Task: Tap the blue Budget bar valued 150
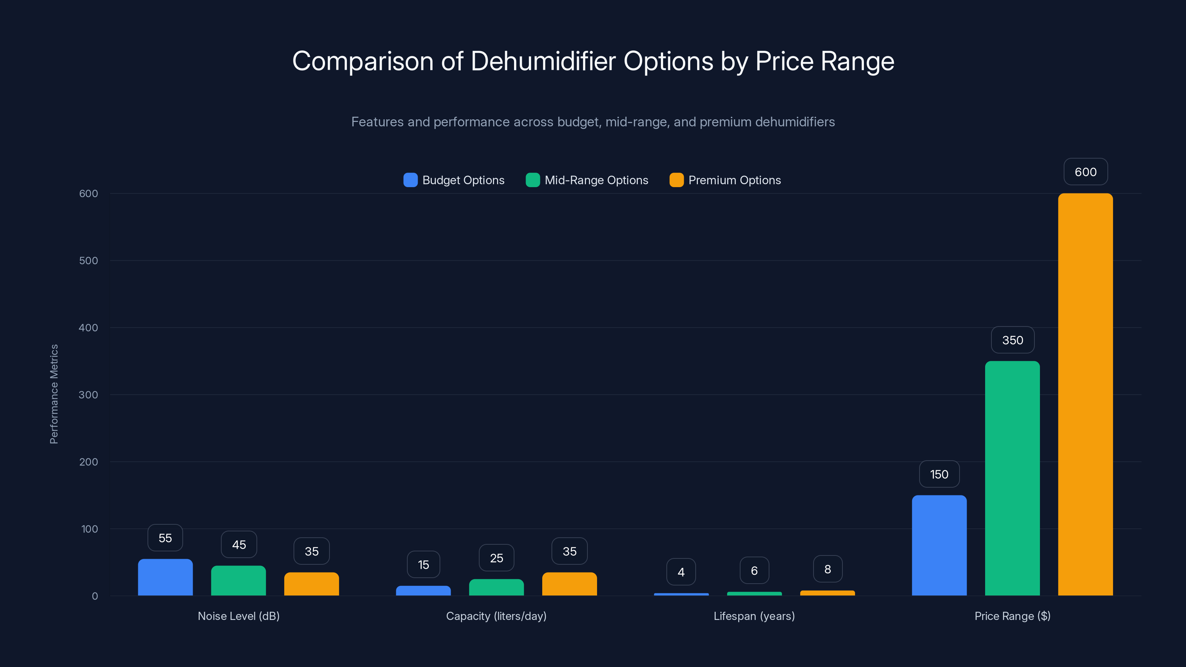point(939,545)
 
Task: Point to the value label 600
point(1085,172)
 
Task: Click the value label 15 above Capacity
point(423,564)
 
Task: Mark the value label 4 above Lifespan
point(681,572)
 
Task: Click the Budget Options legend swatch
point(410,180)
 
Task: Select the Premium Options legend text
point(734,180)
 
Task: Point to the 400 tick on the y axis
point(89,328)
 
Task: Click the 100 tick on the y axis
point(89,529)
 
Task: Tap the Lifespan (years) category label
point(754,616)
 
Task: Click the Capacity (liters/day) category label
point(496,616)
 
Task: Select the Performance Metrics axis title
point(54,394)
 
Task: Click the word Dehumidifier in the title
point(543,61)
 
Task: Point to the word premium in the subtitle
point(725,122)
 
